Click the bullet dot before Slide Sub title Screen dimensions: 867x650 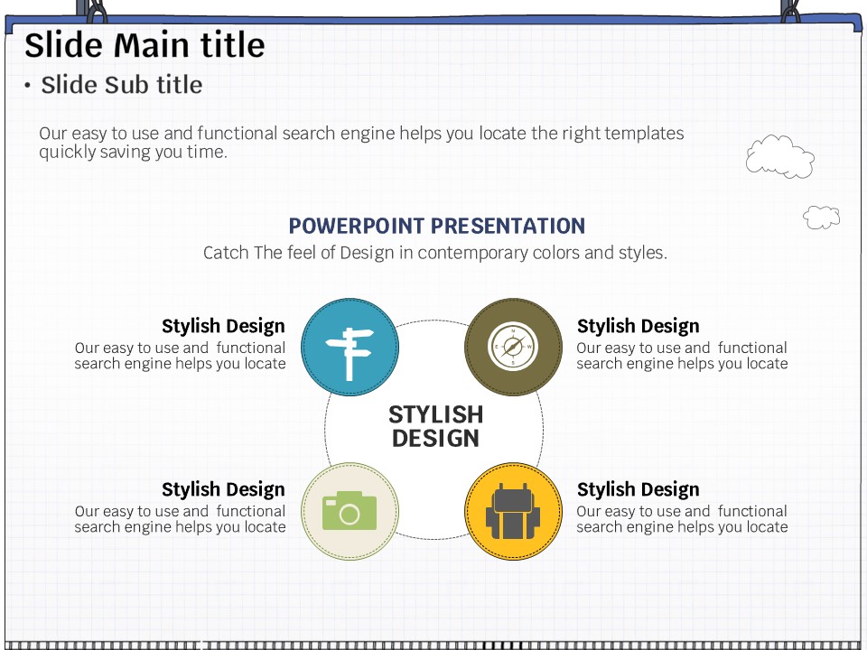point(27,85)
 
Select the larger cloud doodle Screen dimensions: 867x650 point(779,156)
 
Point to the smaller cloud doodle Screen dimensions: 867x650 point(821,218)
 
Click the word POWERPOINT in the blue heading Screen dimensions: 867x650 point(357,226)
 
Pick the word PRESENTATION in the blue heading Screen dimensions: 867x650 point(508,226)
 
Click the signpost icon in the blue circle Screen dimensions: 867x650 point(350,354)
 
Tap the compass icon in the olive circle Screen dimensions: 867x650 point(513,347)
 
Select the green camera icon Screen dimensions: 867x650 point(350,511)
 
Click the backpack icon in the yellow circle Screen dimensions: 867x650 point(513,511)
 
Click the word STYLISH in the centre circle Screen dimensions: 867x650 point(435,414)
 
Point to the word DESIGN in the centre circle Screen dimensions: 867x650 point(435,439)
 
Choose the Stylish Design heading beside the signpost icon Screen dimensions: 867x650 point(223,326)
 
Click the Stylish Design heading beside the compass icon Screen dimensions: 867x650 point(639,326)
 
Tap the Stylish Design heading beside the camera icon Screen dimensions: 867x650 point(223,489)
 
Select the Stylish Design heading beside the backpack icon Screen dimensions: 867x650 point(639,489)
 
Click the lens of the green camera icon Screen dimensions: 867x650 point(350,515)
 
